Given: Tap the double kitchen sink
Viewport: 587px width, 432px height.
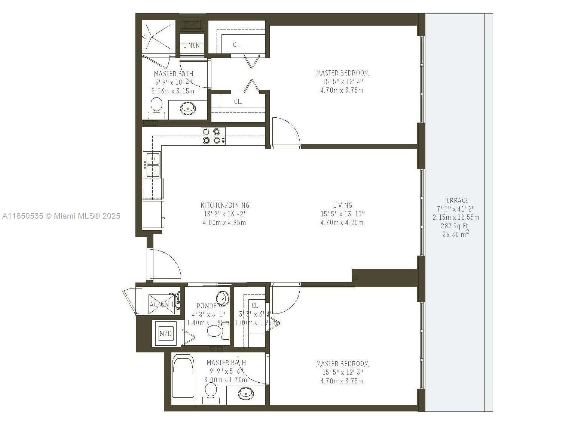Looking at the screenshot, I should (x=153, y=165).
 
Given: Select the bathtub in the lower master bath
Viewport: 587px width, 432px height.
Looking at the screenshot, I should (x=183, y=378).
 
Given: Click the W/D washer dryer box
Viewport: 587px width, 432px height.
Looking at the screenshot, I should (x=166, y=333).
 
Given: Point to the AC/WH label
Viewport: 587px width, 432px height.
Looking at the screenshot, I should (x=161, y=304).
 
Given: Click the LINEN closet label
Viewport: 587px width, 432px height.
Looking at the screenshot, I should (x=191, y=45).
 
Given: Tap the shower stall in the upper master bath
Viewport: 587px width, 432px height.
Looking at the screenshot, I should (x=158, y=37).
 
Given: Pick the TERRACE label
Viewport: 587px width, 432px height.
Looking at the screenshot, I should (x=456, y=200).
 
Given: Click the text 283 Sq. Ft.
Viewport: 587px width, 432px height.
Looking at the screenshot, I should (x=456, y=226).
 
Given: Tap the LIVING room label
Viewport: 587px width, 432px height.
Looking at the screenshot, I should (x=342, y=205).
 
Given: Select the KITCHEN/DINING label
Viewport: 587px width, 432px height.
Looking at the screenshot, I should (x=225, y=205).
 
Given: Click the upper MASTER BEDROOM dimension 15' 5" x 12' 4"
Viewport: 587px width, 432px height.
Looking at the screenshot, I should (x=342, y=81).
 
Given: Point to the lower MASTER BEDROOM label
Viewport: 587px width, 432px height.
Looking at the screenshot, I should (x=342, y=364).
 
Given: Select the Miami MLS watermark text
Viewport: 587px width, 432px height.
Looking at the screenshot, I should (x=61, y=216).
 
